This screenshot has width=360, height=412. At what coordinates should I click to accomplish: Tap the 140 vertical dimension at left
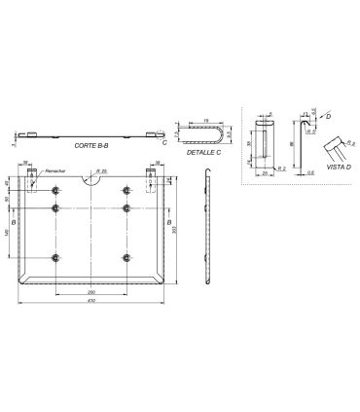point(8,232)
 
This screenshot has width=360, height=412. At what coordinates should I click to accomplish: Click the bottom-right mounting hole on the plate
point(126,257)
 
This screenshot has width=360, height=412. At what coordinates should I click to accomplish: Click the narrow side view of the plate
point(207,230)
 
